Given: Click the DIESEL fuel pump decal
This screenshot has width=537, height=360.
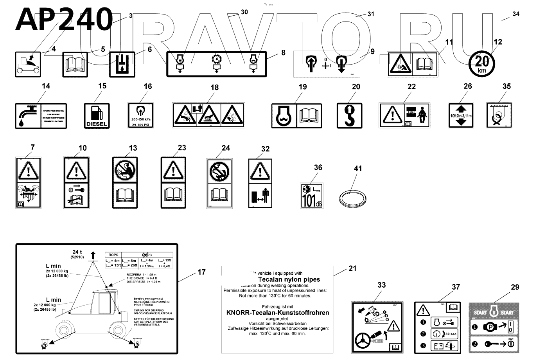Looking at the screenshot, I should tap(97, 115).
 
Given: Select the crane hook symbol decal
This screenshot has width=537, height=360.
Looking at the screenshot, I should tap(349, 115).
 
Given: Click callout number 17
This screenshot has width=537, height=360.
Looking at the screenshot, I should tap(201, 272).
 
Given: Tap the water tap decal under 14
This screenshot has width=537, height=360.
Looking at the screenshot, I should tap(27, 116).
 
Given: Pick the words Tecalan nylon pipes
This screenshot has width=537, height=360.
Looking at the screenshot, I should tap(289, 279).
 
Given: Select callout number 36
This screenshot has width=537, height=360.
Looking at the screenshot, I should tap(318, 167).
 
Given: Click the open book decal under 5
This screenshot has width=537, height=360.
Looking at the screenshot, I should tap(75, 64).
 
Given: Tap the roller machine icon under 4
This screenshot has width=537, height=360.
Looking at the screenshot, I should tap(28, 64).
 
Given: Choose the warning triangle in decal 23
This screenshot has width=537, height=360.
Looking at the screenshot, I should tap(173, 171).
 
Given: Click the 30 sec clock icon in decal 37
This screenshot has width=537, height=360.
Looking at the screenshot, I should tap(438, 334).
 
